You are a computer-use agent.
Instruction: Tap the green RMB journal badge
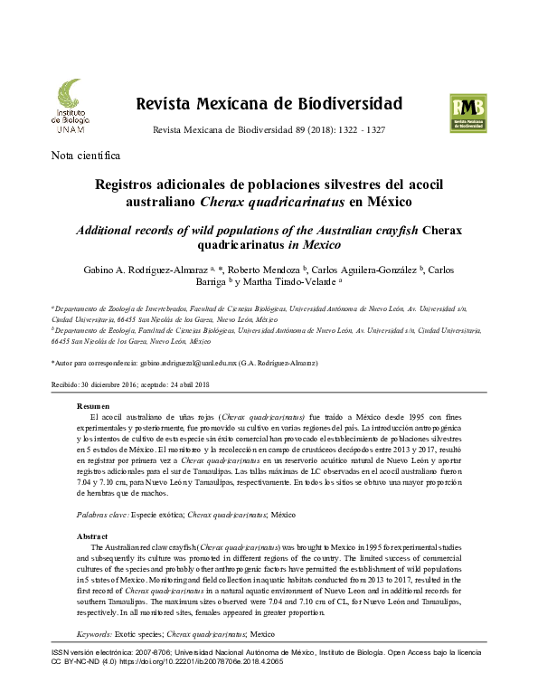pyautogui.click(x=467, y=113)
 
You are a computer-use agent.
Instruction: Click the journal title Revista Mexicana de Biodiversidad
pyautogui.click(x=269, y=102)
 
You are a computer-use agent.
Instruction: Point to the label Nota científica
pyautogui.click(x=87, y=155)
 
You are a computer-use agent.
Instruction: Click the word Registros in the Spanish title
pyautogui.click(x=132, y=185)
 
